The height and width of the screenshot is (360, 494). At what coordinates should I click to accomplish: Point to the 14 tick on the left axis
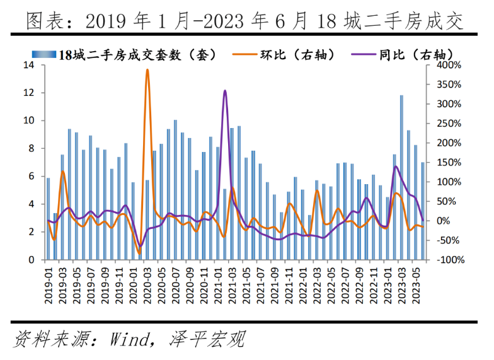click(x=28, y=65)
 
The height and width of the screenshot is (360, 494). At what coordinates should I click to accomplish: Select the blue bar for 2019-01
click(x=49, y=218)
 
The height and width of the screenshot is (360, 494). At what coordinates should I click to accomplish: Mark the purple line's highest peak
click(x=225, y=91)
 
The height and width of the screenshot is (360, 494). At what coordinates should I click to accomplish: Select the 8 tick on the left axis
click(x=30, y=149)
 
